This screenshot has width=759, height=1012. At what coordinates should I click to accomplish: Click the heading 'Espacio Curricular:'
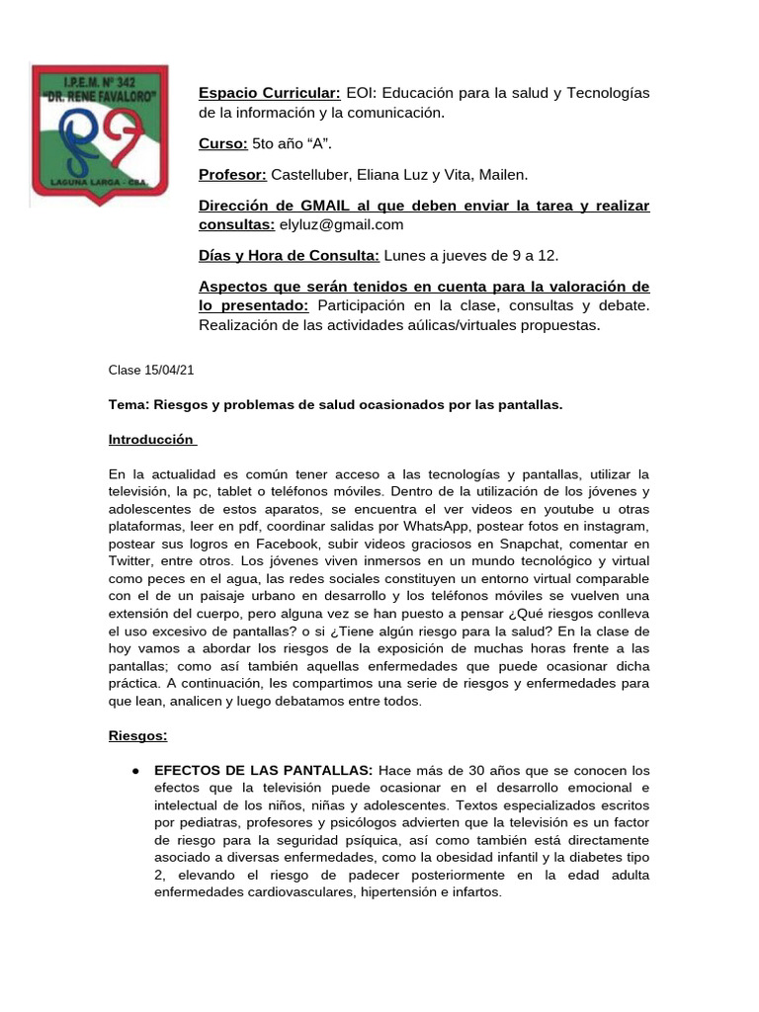point(270,93)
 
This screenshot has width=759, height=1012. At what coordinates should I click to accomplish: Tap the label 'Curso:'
point(223,143)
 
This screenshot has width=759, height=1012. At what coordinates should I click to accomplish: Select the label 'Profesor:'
point(233,175)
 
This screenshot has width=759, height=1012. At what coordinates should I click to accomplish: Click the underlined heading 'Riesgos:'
point(137,736)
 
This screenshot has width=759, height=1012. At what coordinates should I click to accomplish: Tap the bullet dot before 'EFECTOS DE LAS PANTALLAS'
point(135,770)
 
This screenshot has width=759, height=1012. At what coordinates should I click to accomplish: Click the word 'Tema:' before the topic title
point(128,405)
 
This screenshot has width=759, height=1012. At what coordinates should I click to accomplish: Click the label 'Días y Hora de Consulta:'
point(289,256)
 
